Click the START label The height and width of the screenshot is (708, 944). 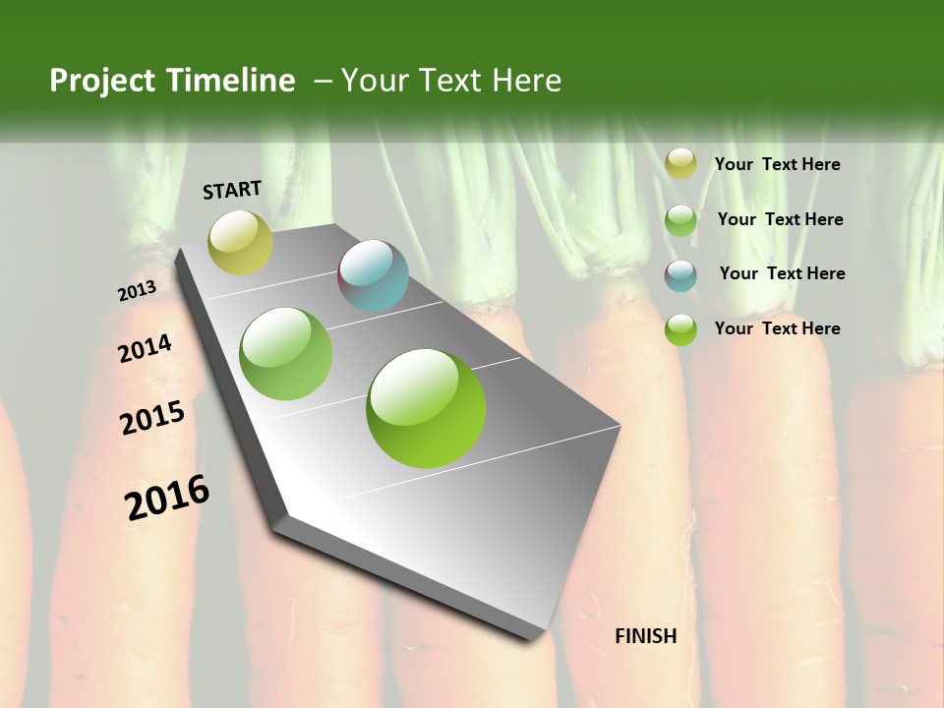tap(232, 190)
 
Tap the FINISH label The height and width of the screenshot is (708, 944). tap(646, 636)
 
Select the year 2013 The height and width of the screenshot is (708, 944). tap(137, 291)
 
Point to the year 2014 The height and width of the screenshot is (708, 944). tap(145, 348)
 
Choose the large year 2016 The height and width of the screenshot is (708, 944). tap(167, 498)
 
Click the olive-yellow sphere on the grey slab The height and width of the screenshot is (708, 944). tap(240, 242)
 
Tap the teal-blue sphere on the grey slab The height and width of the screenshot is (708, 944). tap(374, 275)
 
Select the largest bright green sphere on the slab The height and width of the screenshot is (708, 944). tap(426, 408)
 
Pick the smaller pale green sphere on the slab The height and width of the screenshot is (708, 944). tap(286, 354)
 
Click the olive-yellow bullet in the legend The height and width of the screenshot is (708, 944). tap(680, 164)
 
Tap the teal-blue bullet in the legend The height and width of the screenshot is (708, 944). tap(680, 275)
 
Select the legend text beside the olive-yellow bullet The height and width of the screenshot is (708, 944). tap(777, 165)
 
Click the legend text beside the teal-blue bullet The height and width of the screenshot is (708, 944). tap(782, 273)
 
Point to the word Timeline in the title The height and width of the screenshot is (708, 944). tap(231, 81)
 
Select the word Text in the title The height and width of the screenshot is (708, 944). tap(447, 81)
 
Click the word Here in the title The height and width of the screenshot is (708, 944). tap(526, 81)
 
